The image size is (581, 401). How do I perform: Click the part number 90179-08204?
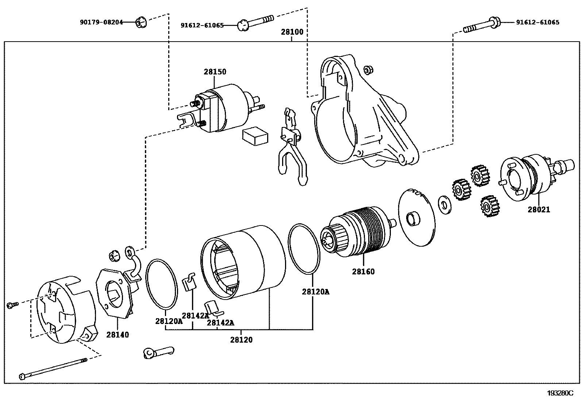[101, 22]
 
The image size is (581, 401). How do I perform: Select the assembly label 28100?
[292, 32]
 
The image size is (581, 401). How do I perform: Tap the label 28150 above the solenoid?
[215, 72]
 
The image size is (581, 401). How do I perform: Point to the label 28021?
[538, 210]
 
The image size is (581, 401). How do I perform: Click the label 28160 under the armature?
[363, 272]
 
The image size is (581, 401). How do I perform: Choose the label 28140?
[118, 335]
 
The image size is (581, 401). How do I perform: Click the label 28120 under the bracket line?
[241, 340]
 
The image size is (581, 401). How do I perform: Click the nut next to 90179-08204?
[141, 23]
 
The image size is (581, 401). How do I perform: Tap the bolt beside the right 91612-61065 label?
[482, 26]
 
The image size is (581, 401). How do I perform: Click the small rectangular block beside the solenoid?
[255, 136]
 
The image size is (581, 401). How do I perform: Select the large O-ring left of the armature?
[304, 249]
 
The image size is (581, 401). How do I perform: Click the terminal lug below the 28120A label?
[158, 352]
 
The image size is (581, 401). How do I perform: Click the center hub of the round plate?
[413, 219]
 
